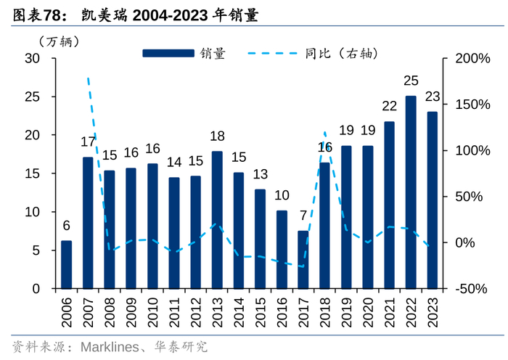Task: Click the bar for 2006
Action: (x=66, y=265)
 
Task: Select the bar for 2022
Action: (x=411, y=192)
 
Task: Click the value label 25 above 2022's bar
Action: (x=411, y=80)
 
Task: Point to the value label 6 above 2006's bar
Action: (x=66, y=225)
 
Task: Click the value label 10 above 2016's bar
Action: (x=282, y=195)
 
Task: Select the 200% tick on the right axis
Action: (x=472, y=59)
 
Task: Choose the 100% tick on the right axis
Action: (x=472, y=151)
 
